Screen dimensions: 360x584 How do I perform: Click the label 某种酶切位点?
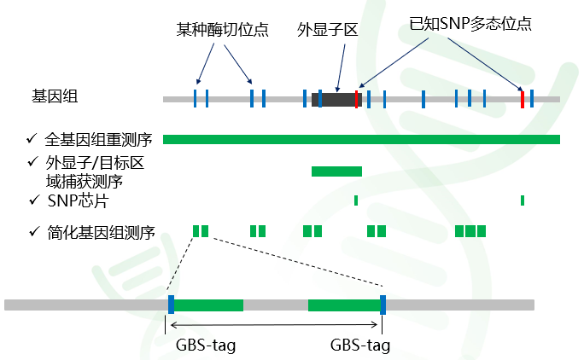(x=223, y=30)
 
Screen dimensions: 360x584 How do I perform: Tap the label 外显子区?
(x=326, y=30)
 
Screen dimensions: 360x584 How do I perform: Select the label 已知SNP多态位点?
(x=470, y=25)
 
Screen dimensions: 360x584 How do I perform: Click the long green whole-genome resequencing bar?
(x=361, y=139)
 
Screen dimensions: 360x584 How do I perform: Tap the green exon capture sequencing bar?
(x=336, y=171)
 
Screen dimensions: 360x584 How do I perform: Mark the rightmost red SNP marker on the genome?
(x=523, y=99)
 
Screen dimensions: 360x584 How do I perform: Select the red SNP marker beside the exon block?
(x=357, y=99)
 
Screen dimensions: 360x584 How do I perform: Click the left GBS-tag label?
(x=206, y=345)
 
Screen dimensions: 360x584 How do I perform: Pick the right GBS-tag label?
(x=359, y=345)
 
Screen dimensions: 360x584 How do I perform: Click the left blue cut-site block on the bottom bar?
(x=172, y=305)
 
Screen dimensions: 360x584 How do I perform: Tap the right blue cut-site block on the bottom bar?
(x=383, y=305)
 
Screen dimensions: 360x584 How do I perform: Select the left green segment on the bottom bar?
(x=208, y=305)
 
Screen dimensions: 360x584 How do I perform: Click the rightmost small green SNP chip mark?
(x=523, y=200)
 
